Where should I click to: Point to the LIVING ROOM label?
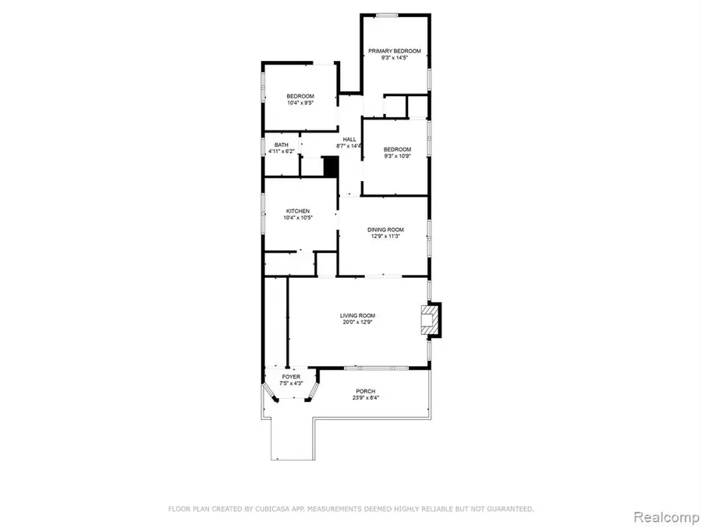[x=358, y=315]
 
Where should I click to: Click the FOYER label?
[x=291, y=377]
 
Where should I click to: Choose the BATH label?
[x=281, y=144]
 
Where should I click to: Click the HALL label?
[x=349, y=139]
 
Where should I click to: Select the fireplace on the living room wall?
[x=429, y=320]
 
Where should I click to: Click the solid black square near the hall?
[x=331, y=167]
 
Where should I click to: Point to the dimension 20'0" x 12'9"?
[x=358, y=322]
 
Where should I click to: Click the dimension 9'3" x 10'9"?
[x=396, y=156]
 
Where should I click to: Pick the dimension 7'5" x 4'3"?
[x=291, y=384]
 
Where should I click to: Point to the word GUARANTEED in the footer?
[x=506, y=509]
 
